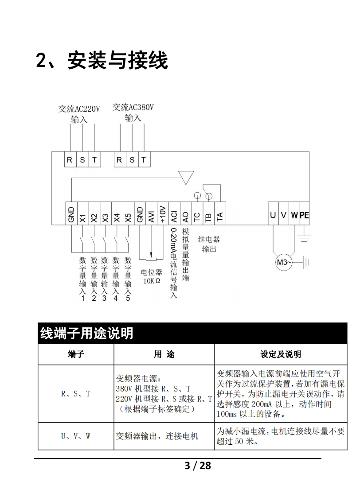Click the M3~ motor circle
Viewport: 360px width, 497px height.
[x=284, y=262]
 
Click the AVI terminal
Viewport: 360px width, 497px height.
[x=151, y=216]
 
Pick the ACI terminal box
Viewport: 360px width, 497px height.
[x=174, y=216]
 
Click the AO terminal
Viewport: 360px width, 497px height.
[x=186, y=216]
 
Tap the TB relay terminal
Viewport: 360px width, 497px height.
[x=208, y=216]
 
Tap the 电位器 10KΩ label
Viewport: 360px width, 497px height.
[x=152, y=276]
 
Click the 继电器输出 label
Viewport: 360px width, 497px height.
[x=209, y=244]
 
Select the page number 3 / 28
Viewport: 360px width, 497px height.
[x=197, y=466]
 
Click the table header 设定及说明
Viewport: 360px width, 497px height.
[x=281, y=354]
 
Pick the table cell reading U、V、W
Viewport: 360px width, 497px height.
[x=75, y=436]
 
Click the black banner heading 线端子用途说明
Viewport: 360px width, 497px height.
[x=87, y=333]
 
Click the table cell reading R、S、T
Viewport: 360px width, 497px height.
[x=75, y=393]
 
